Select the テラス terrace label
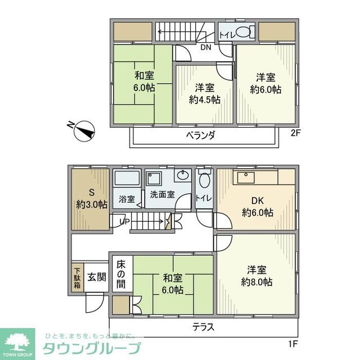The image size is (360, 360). point(202,327)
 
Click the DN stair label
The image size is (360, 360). point(205,47)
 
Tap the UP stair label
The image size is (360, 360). point(124,221)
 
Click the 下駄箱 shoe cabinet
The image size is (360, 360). point(77,278)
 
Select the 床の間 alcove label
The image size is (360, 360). point(121,273)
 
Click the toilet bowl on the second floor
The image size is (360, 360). point(244,33)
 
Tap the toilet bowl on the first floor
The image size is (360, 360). point(205,180)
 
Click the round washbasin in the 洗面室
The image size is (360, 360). point(182,176)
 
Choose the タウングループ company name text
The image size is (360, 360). point(92,348)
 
